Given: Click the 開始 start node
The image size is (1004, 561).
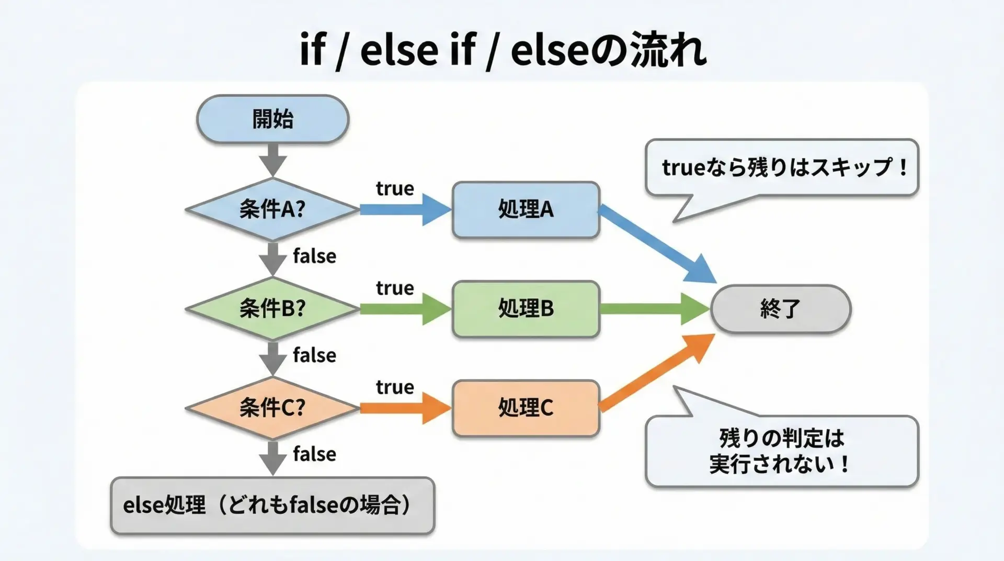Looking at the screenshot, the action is (272, 119).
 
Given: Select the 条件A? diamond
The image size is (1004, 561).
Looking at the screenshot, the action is (272, 209).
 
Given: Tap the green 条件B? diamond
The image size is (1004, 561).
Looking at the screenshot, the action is (272, 309).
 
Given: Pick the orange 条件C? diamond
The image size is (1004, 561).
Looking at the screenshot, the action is (272, 408).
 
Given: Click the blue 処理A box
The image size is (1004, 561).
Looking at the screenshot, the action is (526, 210).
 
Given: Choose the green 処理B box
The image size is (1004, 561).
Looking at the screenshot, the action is (526, 309).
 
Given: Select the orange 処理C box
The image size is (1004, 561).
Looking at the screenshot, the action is (526, 408).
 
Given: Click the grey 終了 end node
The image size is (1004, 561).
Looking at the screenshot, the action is (780, 309).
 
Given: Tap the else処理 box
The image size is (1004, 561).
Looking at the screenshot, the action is (272, 506).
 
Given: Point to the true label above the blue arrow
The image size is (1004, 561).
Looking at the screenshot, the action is (395, 188).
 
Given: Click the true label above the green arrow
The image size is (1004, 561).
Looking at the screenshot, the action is (395, 288).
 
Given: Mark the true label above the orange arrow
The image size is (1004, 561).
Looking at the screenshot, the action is (395, 387).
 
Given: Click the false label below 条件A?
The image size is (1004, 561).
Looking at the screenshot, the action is (314, 256).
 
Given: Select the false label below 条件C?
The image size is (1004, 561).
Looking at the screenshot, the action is (314, 454).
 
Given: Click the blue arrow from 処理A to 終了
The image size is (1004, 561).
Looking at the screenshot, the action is (657, 243).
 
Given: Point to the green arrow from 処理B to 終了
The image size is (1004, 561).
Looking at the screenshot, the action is (655, 309).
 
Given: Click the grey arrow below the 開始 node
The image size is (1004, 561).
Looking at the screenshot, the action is (272, 160).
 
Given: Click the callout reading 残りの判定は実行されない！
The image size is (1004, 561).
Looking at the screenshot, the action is (782, 451).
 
